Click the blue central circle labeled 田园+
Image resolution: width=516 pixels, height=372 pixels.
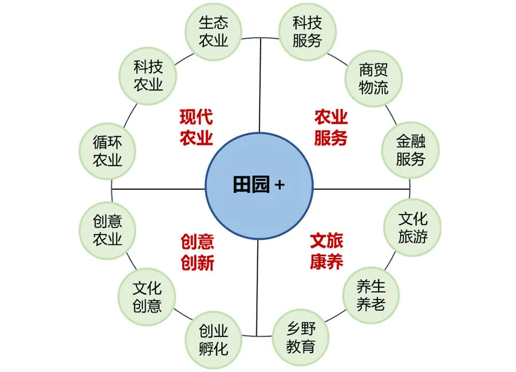(x=259, y=186)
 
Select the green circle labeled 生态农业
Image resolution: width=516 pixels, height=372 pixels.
(x=213, y=32)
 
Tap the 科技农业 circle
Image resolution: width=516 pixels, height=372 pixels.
(x=148, y=76)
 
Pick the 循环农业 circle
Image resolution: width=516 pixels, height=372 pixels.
(x=107, y=151)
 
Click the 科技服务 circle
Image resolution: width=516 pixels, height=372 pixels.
(x=308, y=32)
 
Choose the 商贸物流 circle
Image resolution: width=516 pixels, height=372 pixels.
(x=373, y=79)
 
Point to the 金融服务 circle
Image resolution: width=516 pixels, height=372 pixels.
(x=411, y=150)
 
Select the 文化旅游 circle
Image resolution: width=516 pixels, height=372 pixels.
(x=412, y=228)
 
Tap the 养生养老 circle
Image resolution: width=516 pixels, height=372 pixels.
(x=371, y=295)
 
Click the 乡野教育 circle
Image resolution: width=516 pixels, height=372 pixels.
(x=301, y=338)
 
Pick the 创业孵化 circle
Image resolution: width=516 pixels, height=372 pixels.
(x=213, y=340)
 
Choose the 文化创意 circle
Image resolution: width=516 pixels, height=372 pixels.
(x=147, y=297)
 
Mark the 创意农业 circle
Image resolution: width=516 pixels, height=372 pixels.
(x=107, y=230)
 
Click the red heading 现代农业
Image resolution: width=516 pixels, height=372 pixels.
(x=196, y=127)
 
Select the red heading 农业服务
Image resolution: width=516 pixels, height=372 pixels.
(x=330, y=127)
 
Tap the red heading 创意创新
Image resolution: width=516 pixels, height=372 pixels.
(x=197, y=252)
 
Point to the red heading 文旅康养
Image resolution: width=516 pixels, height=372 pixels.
(x=326, y=251)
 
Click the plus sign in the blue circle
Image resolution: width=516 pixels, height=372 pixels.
(x=279, y=185)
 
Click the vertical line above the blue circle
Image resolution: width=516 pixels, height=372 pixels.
(x=260, y=85)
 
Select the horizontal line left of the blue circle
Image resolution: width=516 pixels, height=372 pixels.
(x=158, y=189)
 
